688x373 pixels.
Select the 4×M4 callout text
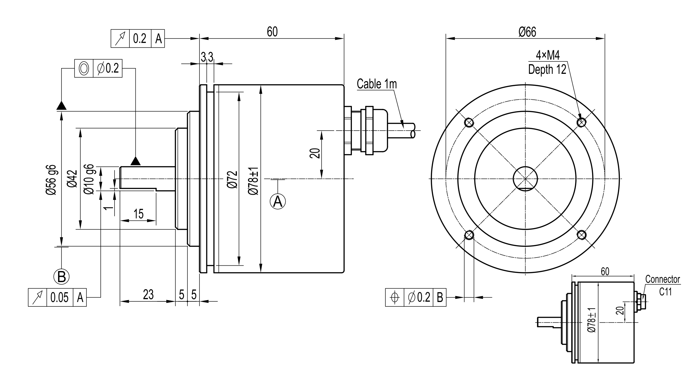548,56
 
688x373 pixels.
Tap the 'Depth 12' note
547,69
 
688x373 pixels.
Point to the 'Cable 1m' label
377,84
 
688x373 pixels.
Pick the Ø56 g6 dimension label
52,180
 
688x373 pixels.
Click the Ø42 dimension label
72,179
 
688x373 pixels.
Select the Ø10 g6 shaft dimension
89,179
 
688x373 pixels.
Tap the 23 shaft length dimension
148,294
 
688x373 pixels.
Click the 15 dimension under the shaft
138,214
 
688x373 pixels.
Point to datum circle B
61,277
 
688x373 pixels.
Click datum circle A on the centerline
278,201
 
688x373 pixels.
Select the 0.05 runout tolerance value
59,297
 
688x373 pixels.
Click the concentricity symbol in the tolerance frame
84,68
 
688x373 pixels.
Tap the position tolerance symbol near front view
394,297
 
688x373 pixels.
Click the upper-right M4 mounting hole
581,122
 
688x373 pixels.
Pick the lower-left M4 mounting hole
469,235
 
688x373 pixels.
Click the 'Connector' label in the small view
662,279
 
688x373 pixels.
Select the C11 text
665,292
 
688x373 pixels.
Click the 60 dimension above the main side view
272,32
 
